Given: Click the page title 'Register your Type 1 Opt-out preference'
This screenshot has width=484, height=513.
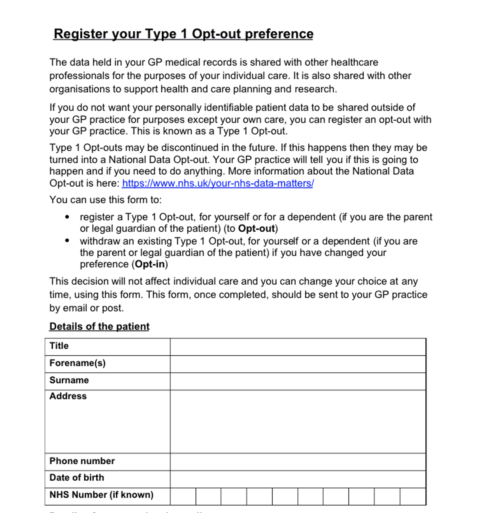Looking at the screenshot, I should (x=183, y=34).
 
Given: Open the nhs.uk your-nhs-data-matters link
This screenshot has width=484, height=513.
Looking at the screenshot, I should (x=218, y=183).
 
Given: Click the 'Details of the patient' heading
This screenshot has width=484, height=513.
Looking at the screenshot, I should (x=99, y=326).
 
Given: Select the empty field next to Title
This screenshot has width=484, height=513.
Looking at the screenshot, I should (x=298, y=347).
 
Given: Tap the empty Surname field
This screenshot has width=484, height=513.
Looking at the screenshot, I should (x=298, y=381).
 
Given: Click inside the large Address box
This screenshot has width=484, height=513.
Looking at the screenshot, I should (x=298, y=421).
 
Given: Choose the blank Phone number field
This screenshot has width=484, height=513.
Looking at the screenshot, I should (x=298, y=462).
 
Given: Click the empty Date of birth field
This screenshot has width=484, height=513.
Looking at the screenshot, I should (x=298, y=479).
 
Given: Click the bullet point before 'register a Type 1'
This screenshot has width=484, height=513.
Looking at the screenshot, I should (x=67, y=217).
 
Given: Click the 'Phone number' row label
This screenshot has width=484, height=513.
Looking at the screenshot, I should (x=82, y=461).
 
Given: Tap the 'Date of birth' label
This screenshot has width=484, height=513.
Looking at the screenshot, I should (x=77, y=477).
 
